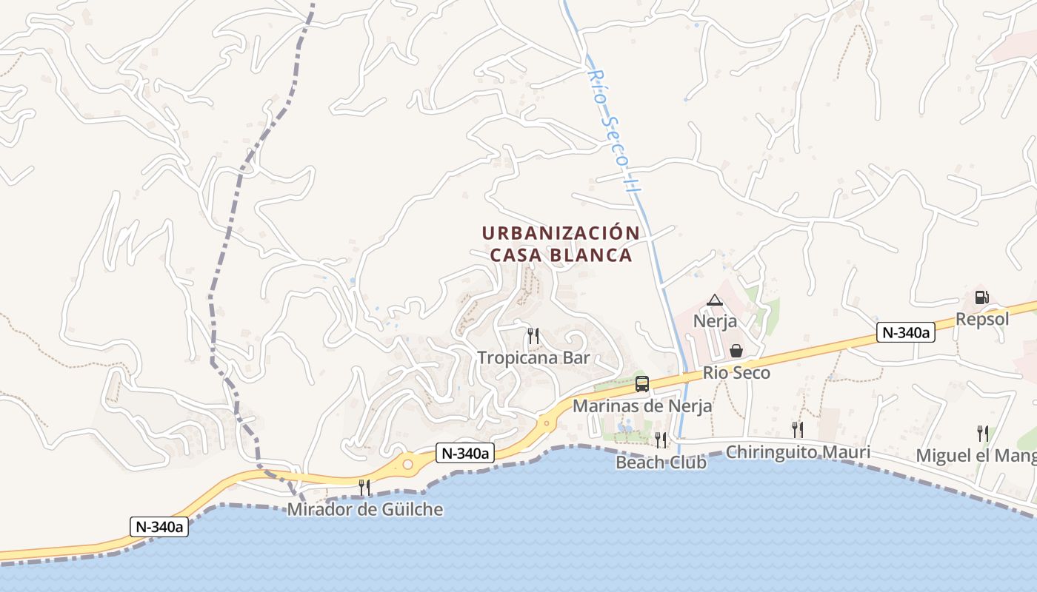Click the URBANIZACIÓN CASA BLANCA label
tap(561, 244)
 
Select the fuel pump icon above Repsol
tap(981, 297)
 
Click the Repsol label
tap(982, 319)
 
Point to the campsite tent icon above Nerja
tap(714, 300)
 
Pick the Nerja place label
tap(715, 321)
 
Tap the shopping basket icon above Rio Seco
tap(736, 351)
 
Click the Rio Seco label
tap(736, 373)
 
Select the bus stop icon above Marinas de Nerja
tap(642, 384)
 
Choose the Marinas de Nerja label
tap(642, 406)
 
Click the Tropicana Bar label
tap(533, 358)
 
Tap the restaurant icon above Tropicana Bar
tap(533, 336)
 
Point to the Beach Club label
tap(661, 462)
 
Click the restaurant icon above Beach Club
tap(660, 440)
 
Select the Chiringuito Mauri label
tap(798, 452)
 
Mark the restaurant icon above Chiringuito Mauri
tap(797, 429)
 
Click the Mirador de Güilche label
tap(365, 509)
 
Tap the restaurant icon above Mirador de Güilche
tap(364, 487)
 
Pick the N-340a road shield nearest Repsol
tap(905, 333)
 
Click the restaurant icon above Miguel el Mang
tap(982, 433)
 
